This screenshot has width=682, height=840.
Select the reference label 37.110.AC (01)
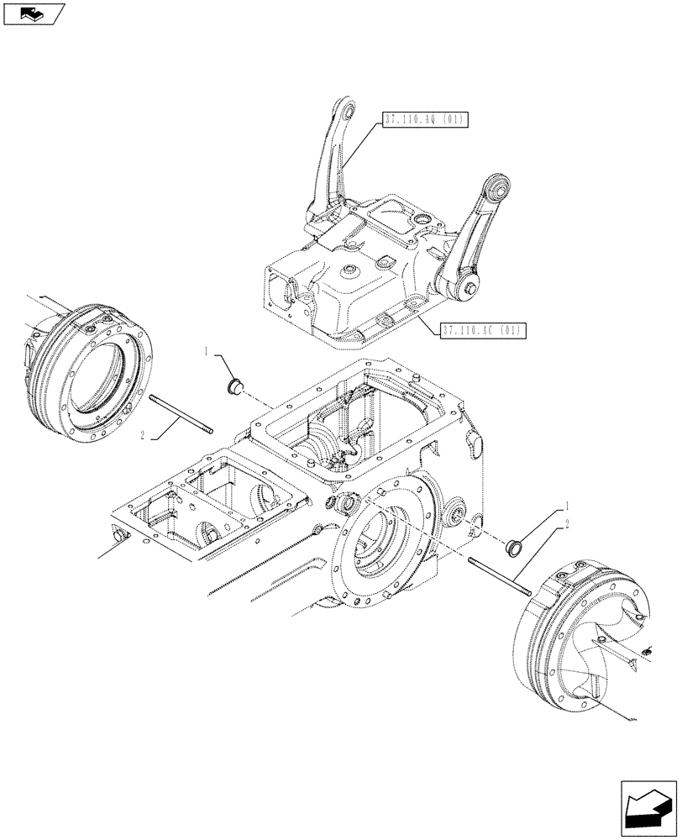(480, 330)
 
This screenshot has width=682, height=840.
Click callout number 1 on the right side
(569, 507)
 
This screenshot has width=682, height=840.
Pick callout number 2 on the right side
(569, 524)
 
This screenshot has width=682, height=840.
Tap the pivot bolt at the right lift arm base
(469, 291)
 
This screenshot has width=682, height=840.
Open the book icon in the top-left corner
(33, 13)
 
